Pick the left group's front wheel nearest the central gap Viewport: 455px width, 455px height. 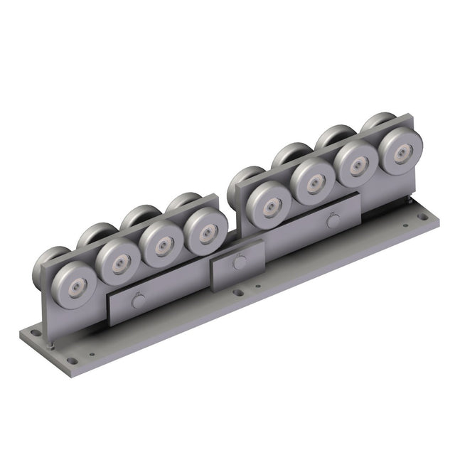205,232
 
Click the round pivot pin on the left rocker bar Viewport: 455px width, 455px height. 138,301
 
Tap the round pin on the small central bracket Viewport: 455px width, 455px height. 238,262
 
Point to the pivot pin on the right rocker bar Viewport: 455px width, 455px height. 332,220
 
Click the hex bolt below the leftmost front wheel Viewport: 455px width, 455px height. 51,346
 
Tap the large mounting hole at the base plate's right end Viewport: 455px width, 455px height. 429,217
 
